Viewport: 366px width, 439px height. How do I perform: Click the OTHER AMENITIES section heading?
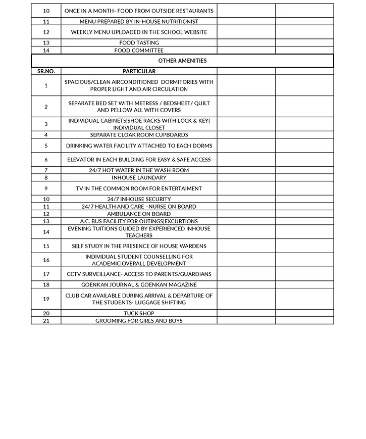(x=182, y=61)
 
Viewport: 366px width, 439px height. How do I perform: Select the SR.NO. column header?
(x=46, y=71)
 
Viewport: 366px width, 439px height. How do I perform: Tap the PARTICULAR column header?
(x=139, y=71)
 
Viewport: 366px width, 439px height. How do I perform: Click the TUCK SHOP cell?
(x=139, y=313)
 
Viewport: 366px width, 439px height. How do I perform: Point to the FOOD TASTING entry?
(x=139, y=43)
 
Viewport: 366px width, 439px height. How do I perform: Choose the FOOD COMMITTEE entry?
(x=139, y=51)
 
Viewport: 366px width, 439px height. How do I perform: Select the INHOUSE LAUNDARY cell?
(x=139, y=178)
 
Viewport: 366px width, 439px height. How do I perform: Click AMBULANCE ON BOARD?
(x=139, y=214)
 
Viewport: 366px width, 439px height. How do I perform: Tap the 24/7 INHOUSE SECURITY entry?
(x=139, y=199)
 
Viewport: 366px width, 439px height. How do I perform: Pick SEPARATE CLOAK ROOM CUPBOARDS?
(x=139, y=135)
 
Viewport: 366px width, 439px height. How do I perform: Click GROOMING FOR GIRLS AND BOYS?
(x=139, y=321)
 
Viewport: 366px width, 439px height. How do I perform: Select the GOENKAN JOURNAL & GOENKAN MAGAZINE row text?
(x=139, y=284)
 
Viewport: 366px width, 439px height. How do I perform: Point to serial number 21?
(x=46, y=321)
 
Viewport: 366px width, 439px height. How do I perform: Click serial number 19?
(x=46, y=299)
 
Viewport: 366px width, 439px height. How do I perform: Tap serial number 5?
(x=46, y=146)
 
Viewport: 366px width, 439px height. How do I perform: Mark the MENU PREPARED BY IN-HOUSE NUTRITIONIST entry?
(x=139, y=22)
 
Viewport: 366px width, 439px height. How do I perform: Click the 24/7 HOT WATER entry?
(x=139, y=170)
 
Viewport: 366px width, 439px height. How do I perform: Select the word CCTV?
(x=74, y=274)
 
